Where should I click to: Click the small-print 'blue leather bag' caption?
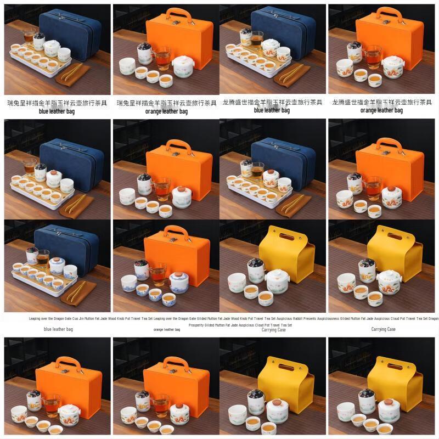(x=58, y=329)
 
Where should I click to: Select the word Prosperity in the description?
(x=198, y=325)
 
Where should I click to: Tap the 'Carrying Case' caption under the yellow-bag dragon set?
(x=382, y=329)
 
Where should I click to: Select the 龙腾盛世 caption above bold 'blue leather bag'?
(x=273, y=103)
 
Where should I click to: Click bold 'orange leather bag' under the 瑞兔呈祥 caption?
(x=166, y=111)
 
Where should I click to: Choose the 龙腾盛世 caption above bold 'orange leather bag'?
(x=382, y=103)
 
